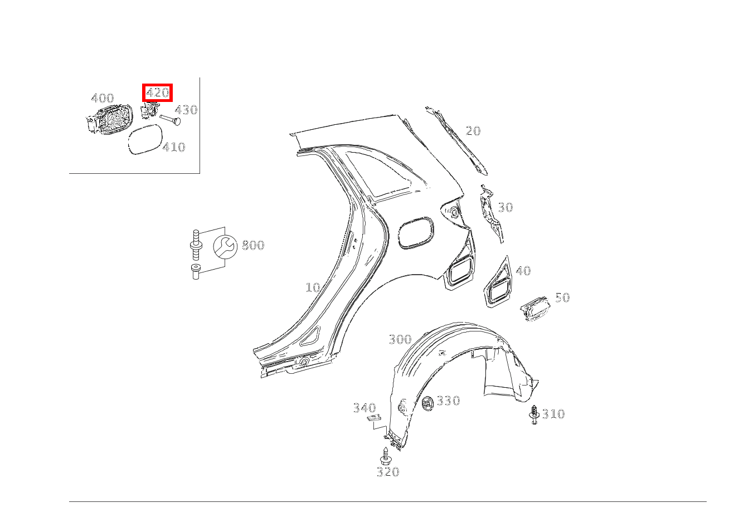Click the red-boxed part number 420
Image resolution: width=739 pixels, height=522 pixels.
[x=157, y=92]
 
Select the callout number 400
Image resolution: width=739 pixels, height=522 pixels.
[x=103, y=98]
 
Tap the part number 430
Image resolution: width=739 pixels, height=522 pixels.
[x=186, y=110]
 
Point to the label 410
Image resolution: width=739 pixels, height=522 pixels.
[x=174, y=147]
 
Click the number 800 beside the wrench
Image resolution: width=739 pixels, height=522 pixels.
[x=253, y=245]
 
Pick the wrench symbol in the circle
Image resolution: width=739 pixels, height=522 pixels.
[x=225, y=246]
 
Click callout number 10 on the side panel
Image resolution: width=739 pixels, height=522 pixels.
[x=313, y=287]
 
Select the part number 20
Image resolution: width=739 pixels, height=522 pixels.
[x=473, y=131]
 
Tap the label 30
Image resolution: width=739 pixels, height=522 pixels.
[x=505, y=207]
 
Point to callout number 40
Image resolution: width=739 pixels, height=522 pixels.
[x=523, y=271]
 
